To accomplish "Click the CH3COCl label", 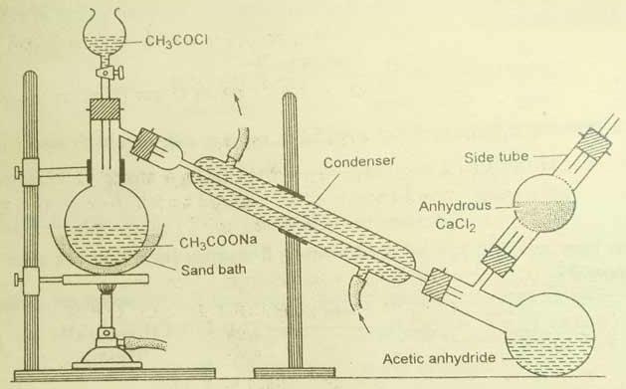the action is [x=176, y=41].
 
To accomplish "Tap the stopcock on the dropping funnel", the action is [x=109, y=73].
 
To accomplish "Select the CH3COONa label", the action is [x=218, y=242].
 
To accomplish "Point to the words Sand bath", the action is [x=214, y=270].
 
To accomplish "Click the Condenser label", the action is [x=359, y=161].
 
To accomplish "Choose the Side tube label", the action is [x=497, y=157].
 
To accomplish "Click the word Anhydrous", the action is [x=455, y=206].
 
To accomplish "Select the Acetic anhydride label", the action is [x=439, y=358].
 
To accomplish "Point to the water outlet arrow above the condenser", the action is [x=238, y=104].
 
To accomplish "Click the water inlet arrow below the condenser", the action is [x=364, y=323].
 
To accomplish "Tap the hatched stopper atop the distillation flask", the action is [x=104, y=108].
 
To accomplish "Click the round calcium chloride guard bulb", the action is [x=543, y=204].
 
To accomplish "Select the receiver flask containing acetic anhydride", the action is [x=549, y=334].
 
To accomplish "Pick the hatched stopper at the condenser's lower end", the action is [x=438, y=285].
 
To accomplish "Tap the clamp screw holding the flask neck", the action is [x=19, y=172].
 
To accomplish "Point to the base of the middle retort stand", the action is [x=295, y=373].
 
